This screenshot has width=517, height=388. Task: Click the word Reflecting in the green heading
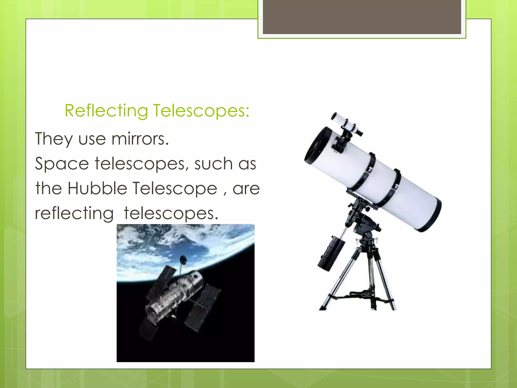tap(106, 111)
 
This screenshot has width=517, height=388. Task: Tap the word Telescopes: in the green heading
tap(201, 111)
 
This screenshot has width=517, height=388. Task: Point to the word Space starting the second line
tap(62, 164)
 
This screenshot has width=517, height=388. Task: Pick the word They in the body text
tap(54, 139)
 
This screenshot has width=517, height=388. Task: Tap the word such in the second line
tap(213, 164)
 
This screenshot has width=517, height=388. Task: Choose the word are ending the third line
tap(246, 189)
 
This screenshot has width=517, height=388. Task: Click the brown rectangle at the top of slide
tap(362, 17)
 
